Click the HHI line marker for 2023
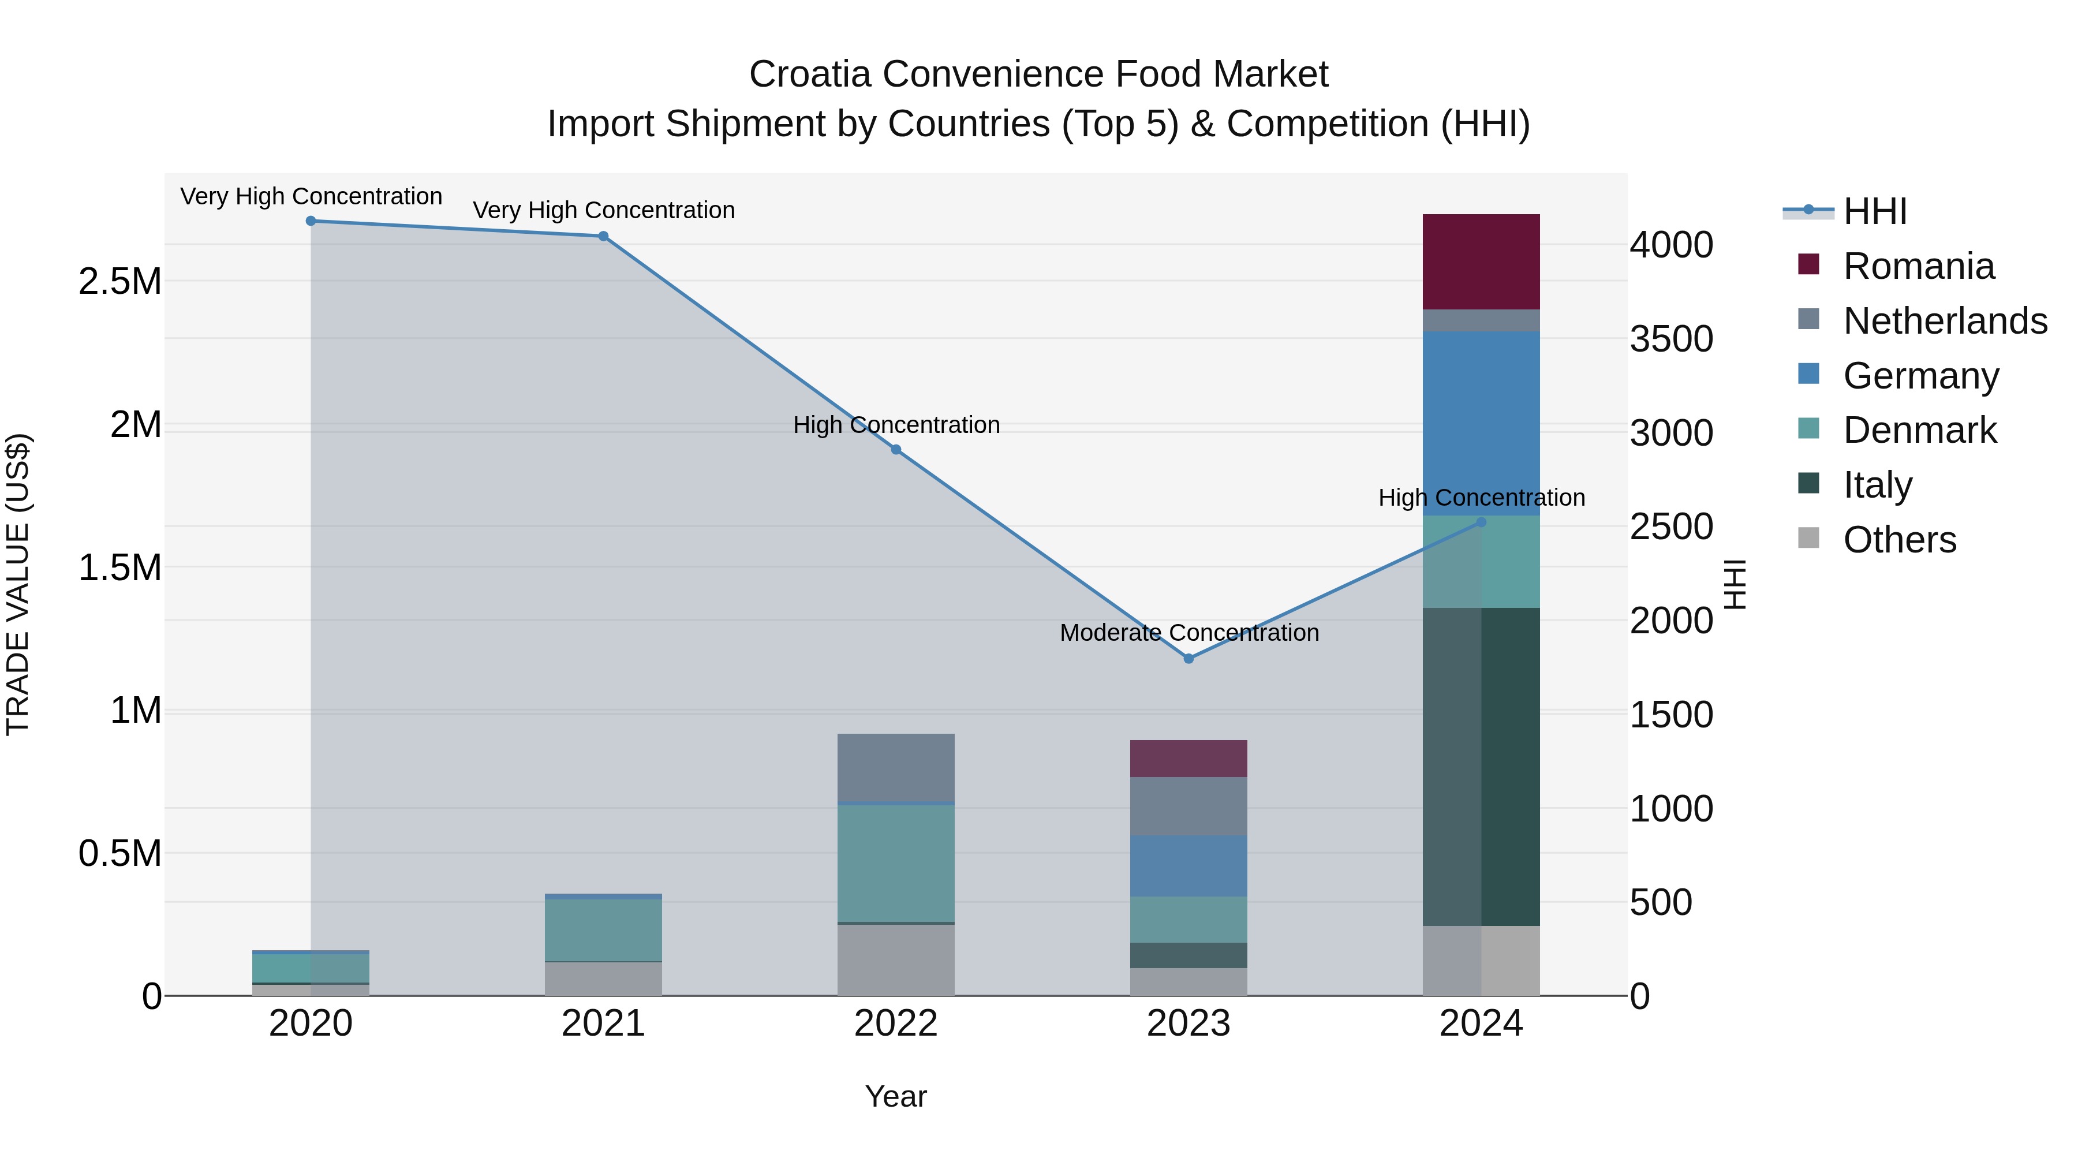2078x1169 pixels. point(1189,658)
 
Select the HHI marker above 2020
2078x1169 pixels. point(311,221)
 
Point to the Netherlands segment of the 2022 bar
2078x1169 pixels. point(895,767)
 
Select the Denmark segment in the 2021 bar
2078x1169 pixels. point(603,929)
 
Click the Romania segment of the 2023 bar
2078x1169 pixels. point(1189,759)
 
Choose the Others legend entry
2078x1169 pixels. point(1899,540)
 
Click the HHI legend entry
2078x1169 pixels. point(1875,211)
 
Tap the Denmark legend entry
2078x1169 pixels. point(1919,430)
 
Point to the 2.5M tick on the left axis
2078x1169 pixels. point(120,282)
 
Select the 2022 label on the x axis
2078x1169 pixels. point(895,1024)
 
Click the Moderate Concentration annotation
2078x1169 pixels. point(1189,633)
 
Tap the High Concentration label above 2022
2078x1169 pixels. point(895,424)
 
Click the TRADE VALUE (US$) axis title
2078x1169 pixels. point(18,584)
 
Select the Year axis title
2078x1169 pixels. point(895,1096)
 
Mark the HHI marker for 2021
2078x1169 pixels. point(603,236)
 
